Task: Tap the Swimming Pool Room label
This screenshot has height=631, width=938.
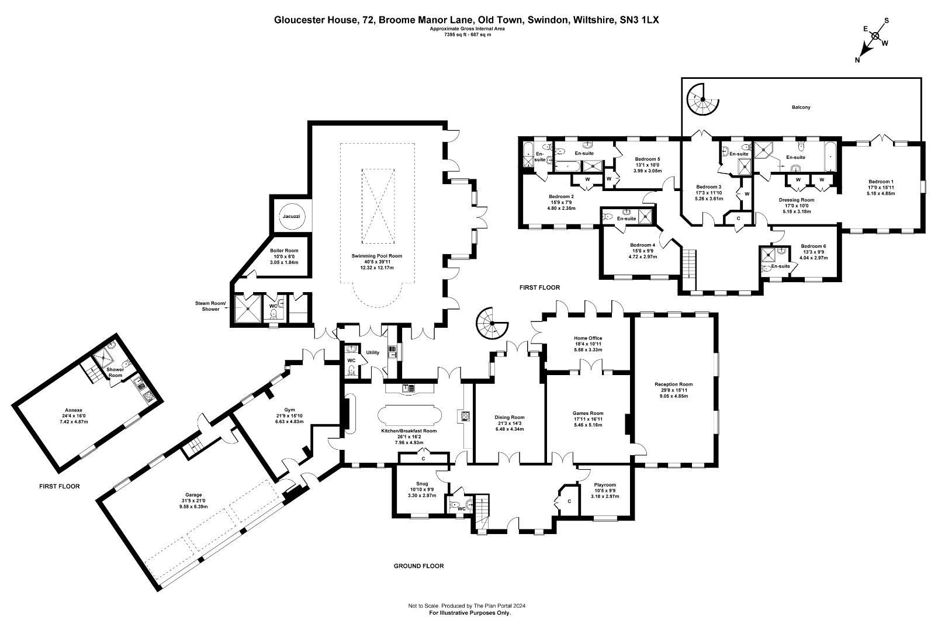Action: point(376,256)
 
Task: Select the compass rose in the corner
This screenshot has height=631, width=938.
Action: point(875,36)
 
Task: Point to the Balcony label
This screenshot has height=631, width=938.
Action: point(801,108)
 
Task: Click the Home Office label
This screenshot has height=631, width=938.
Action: point(587,338)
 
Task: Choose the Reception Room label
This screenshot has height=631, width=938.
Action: point(673,384)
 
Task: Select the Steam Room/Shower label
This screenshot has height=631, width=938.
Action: point(207,306)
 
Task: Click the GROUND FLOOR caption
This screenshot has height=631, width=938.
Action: point(418,566)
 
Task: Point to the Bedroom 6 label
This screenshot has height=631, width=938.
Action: point(813,247)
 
